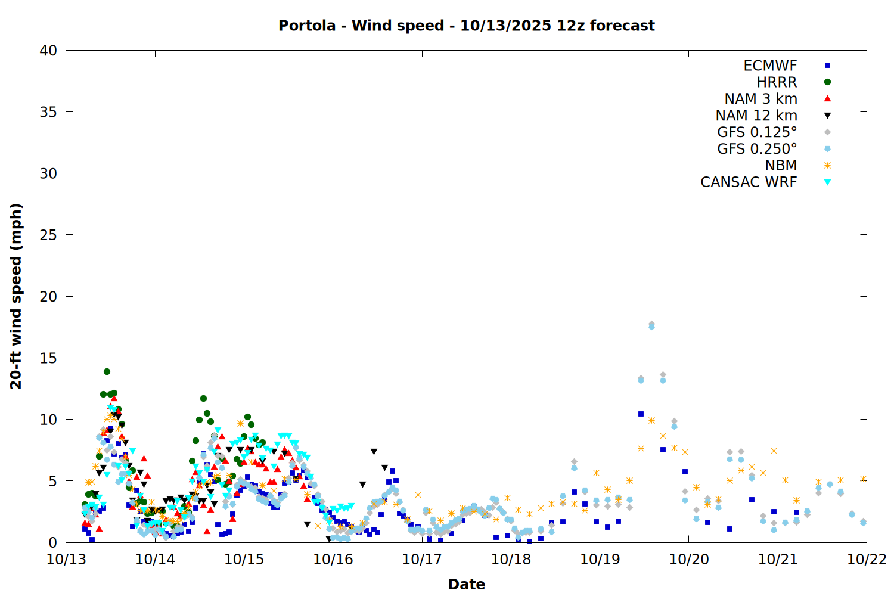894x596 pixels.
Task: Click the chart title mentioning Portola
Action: tap(466, 26)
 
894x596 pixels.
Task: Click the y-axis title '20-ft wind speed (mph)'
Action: tap(16, 296)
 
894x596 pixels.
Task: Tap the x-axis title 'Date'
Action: tap(466, 584)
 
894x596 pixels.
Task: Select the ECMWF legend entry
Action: tap(770, 66)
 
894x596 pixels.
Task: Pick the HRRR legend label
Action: tap(777, 82)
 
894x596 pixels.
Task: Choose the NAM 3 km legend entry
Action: tap(760, 99)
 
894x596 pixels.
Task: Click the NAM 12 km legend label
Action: tap(756, 116)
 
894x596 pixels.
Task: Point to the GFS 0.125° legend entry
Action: tap(757, 132)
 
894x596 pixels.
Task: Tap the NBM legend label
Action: tap(781, 166)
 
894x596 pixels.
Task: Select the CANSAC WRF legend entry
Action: tap(749, 182)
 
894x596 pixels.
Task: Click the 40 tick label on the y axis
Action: tap(48, 51)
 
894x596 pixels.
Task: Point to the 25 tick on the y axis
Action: tap(48, 235)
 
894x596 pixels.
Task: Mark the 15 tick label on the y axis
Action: tap(48, 358)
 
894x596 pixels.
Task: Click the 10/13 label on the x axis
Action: tap(66, 559)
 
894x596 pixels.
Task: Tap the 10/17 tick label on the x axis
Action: tap(421, 559)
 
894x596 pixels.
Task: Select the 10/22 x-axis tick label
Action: tap(867, 559)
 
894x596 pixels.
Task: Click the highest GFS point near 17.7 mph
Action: tap(651, 325)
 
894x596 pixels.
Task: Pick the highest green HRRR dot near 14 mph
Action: tap(107, 371)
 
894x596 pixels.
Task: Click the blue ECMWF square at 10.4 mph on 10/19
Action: tap(641, 414)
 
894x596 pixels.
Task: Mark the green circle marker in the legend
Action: tap(827, 82)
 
